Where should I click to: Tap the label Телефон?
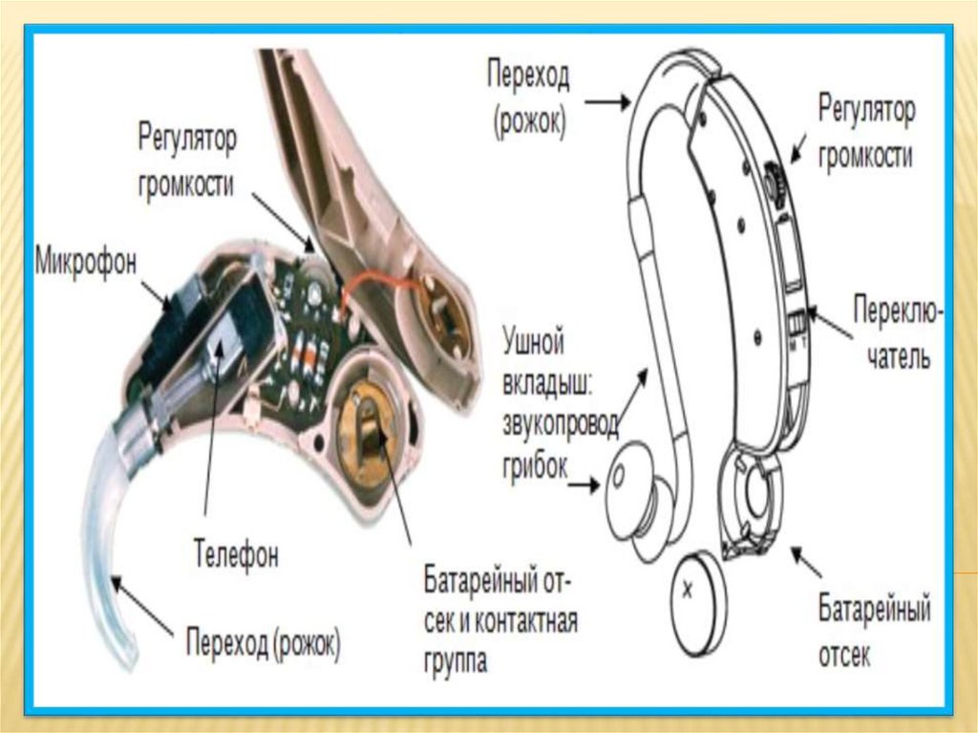click(236, 553)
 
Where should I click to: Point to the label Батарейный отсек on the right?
click(874, 632)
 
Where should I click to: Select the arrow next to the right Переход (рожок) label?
click(602, 100)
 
